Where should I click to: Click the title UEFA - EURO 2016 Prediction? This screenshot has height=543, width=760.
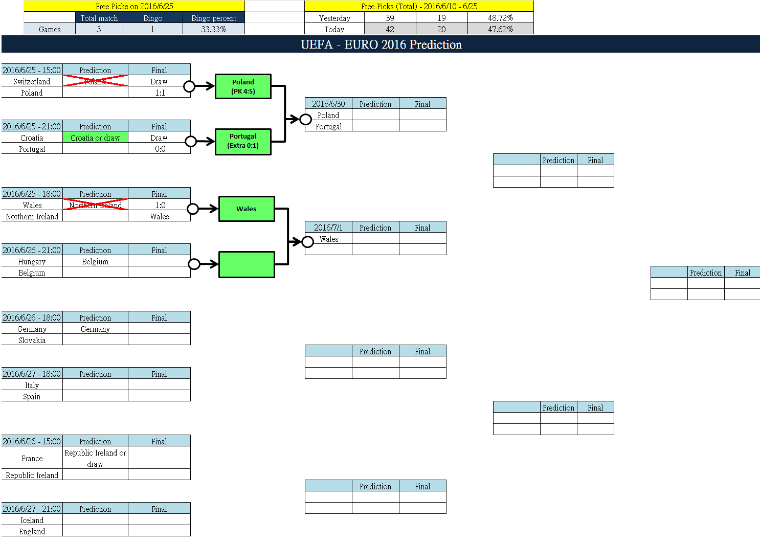coord(381,44)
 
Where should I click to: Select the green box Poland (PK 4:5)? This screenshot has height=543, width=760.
coord(243,86)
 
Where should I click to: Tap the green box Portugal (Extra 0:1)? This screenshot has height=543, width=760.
coord(243,141)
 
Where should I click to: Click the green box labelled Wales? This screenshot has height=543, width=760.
coord(247,209)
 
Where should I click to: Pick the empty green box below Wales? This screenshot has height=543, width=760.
coord(247,264)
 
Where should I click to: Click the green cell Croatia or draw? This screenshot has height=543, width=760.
coord(95,138)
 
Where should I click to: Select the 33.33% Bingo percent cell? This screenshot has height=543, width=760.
coord(213,29)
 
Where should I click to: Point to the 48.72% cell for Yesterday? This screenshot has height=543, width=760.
coord(500,18)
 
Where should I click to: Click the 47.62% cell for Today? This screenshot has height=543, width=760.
coord(500,29)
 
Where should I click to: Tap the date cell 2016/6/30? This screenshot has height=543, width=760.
coord(328,104)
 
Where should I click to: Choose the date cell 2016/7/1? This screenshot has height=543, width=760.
coord(328,228)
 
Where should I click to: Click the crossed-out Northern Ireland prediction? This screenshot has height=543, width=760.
coord(95,205)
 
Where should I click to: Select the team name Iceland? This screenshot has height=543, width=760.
coord(32,520)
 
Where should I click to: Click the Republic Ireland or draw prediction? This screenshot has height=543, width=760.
coord(95,458)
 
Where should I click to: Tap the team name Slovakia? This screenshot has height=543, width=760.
coord(32,340)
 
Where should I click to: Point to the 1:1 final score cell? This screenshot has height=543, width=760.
coord(160,93)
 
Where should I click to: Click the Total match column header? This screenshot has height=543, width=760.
coord(99,18)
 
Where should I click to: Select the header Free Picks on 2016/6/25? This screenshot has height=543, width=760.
coord(134,6)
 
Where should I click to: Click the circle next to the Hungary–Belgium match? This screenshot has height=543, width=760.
coord(194,264)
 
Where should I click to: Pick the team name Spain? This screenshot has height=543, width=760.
coord(32,396)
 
